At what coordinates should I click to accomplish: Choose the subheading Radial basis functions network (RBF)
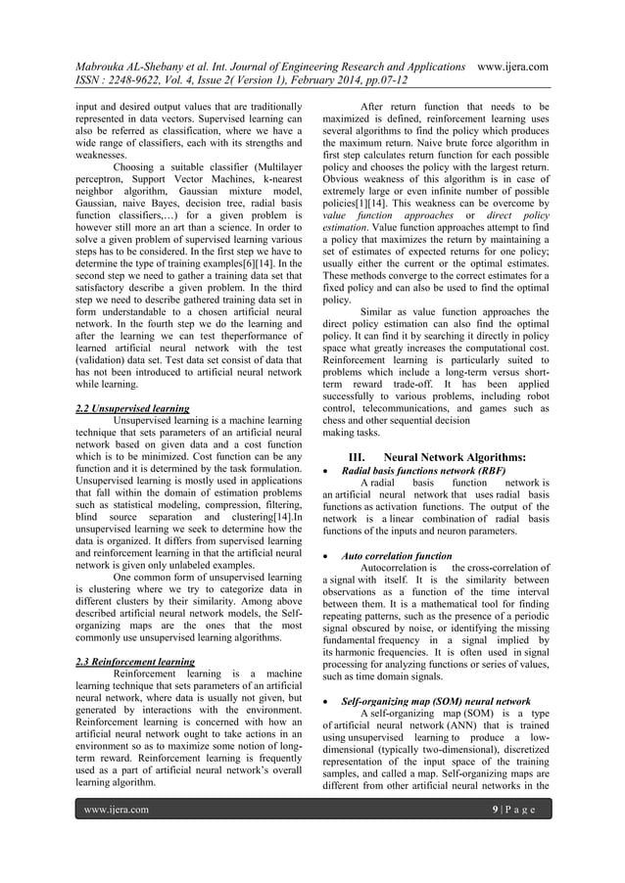coord(423,471)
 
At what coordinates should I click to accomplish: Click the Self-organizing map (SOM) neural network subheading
coord(436,702)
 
